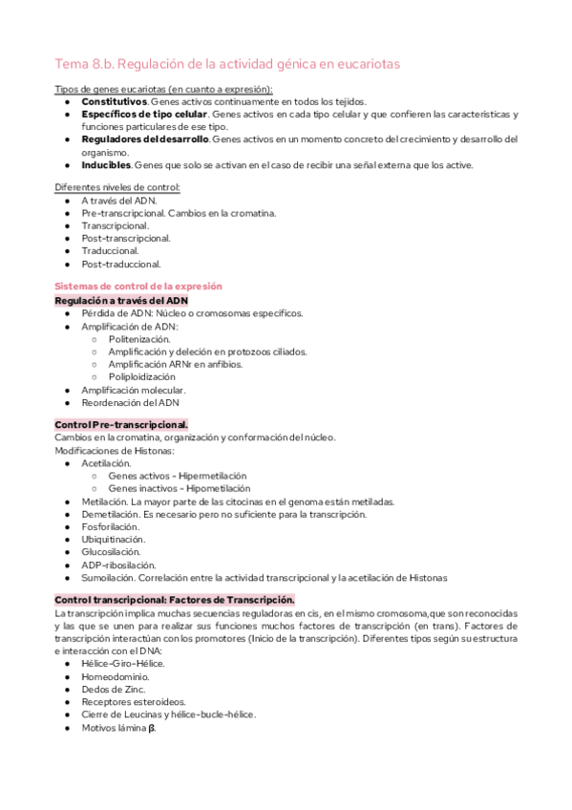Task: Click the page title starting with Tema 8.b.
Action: tap(227, 64)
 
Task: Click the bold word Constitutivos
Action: tap(114, 101)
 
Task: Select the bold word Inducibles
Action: tap(107, 164)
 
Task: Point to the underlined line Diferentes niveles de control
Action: tap(117, 187)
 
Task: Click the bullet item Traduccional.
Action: tap(110, 250)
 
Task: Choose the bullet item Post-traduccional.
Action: tap(121, 264)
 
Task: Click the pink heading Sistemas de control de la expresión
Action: tap(138, 287)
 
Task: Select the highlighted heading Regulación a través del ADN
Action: tap(121, 300)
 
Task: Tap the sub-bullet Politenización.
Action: tap(139, 339)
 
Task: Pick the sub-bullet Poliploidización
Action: tap(142, 376)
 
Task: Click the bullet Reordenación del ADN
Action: tap(130, 402)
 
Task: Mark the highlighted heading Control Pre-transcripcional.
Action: tap(121, 424)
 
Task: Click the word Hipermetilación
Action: tap(212, 476)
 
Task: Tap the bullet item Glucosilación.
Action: tap(111, 551)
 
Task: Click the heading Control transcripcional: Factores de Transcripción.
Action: tap(175, 599)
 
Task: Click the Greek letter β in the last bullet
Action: tap(151, 727)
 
